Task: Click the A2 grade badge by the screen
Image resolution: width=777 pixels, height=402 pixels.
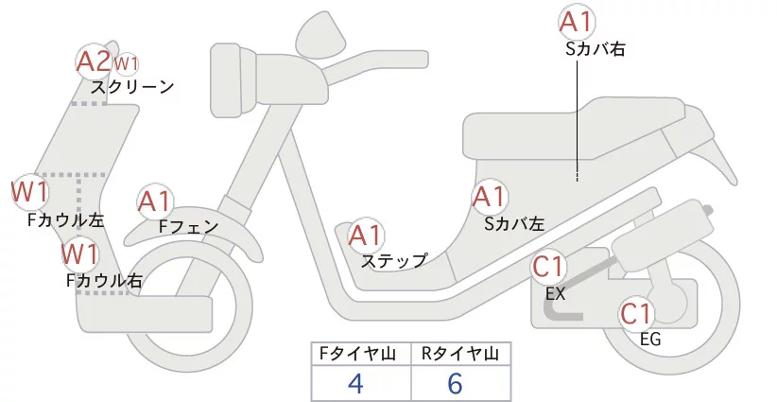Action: tap(94, 61)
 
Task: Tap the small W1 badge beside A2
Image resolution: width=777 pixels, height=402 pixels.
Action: tap(127, 64)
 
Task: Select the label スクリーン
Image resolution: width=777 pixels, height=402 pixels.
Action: tap(132, 87)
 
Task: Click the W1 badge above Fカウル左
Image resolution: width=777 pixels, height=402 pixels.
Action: tap(30, 192)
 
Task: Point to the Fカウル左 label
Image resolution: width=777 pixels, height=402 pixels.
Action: tap(66, 219)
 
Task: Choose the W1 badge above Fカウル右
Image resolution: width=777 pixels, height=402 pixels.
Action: tap(80, 254)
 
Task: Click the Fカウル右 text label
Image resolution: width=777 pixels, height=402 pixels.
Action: tap(105, 280)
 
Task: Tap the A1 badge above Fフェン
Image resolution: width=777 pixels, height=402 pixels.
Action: tap(155, 201)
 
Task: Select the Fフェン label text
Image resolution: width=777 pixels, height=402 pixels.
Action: tap(188, 227)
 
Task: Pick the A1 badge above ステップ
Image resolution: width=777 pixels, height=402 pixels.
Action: tap(366, 235)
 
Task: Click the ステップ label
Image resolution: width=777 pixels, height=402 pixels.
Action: tap(394, 260)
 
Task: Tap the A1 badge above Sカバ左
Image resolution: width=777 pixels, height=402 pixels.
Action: tap(490, 198)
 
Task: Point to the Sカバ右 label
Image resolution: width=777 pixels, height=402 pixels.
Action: tap(595, 47)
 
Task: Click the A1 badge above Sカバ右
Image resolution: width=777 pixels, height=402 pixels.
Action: tap(578, 21)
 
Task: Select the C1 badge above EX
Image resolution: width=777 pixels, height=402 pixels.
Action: tap(549, 269)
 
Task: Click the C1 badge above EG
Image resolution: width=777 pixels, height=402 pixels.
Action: tap(638, 313)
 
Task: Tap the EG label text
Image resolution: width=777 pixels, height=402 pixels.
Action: tap(650, 340)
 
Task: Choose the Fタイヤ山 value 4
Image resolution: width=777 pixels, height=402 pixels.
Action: tap(355, 383)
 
